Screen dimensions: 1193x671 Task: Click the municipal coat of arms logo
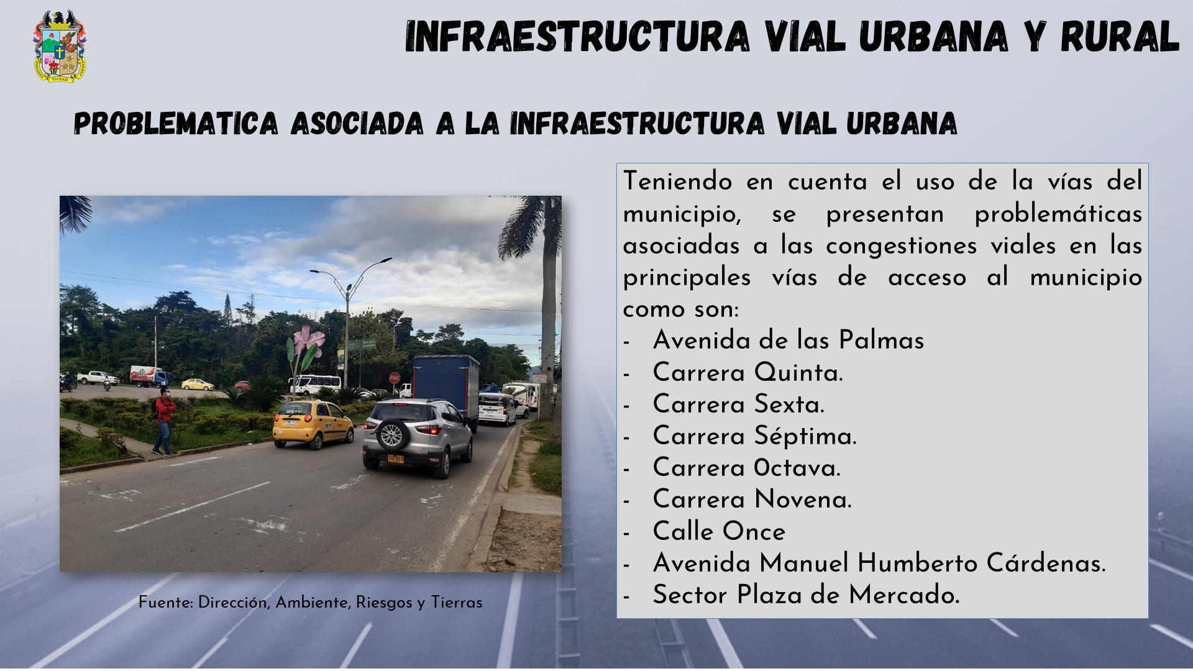click(x=60, y=47)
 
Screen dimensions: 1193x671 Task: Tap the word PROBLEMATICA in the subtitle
click(x=176, y=124)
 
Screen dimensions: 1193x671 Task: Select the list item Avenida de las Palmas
click(x=788, y=340)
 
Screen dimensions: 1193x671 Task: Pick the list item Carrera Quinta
click(x=748, y=372)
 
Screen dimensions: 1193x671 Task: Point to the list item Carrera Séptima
click(x=755, y=436)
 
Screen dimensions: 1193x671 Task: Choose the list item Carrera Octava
click(x=747, y=467)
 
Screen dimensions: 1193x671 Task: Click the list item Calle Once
click(x=720, y=531)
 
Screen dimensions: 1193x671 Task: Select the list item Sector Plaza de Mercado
click(x=807, y=595)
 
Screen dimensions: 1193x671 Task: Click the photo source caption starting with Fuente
click(x=311, y=602)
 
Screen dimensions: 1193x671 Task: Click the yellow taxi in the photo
click(x=313, y=424)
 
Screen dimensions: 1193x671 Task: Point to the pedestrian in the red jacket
click(x=164, y=422)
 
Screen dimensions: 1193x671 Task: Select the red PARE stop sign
click(x=395, y=377)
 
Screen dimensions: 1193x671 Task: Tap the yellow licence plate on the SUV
click(x=396, y=459)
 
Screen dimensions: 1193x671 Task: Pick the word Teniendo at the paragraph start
click(x=678, y=181)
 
